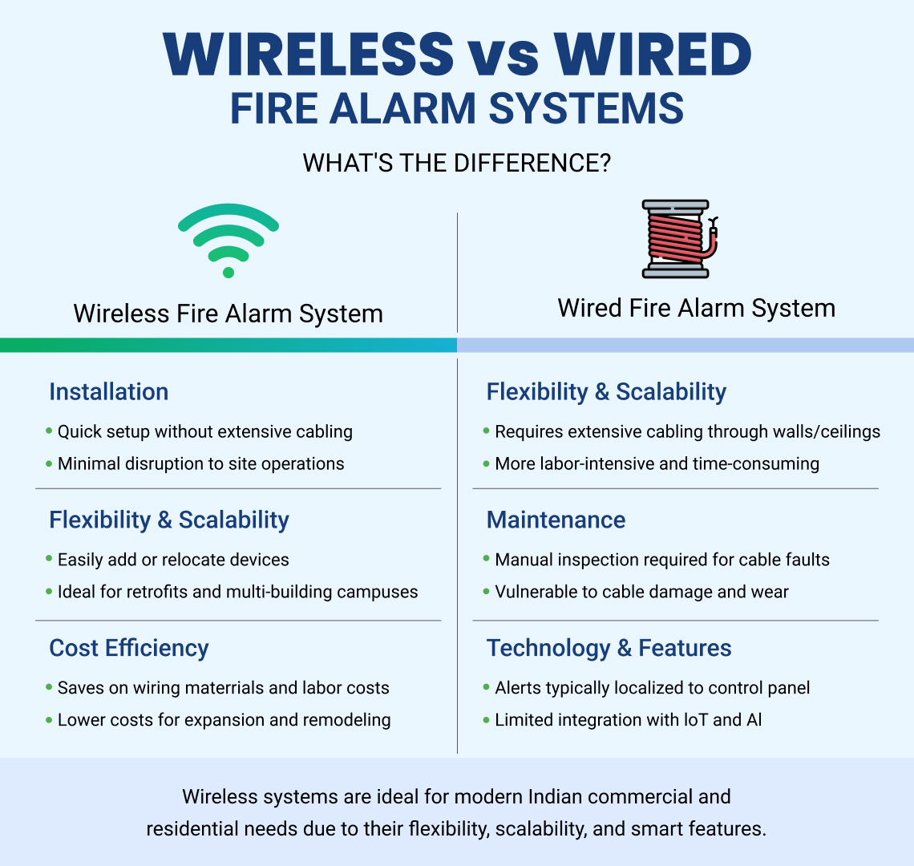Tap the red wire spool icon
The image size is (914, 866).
coord(677,239)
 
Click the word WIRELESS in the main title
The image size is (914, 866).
coord(309,55)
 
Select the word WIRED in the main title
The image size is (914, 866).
coord(653,55)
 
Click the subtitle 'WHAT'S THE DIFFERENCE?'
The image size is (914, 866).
coord(457,164)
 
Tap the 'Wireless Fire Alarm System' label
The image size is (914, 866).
coord(228,314)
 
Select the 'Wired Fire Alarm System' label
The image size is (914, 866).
coord(696,308)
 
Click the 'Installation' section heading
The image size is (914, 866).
coord(109,391)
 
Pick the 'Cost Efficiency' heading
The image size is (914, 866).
coord(129,648)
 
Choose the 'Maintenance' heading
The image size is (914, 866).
coord(556,520)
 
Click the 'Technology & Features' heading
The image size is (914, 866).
coord(609,648)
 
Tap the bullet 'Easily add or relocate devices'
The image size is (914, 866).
coord(173,560)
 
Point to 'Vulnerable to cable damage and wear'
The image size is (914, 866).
coord(641,592)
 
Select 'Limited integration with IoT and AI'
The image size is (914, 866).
coord(628,720)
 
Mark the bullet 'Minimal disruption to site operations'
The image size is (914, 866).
coord(200,463)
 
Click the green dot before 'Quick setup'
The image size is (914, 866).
coord(49,431)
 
